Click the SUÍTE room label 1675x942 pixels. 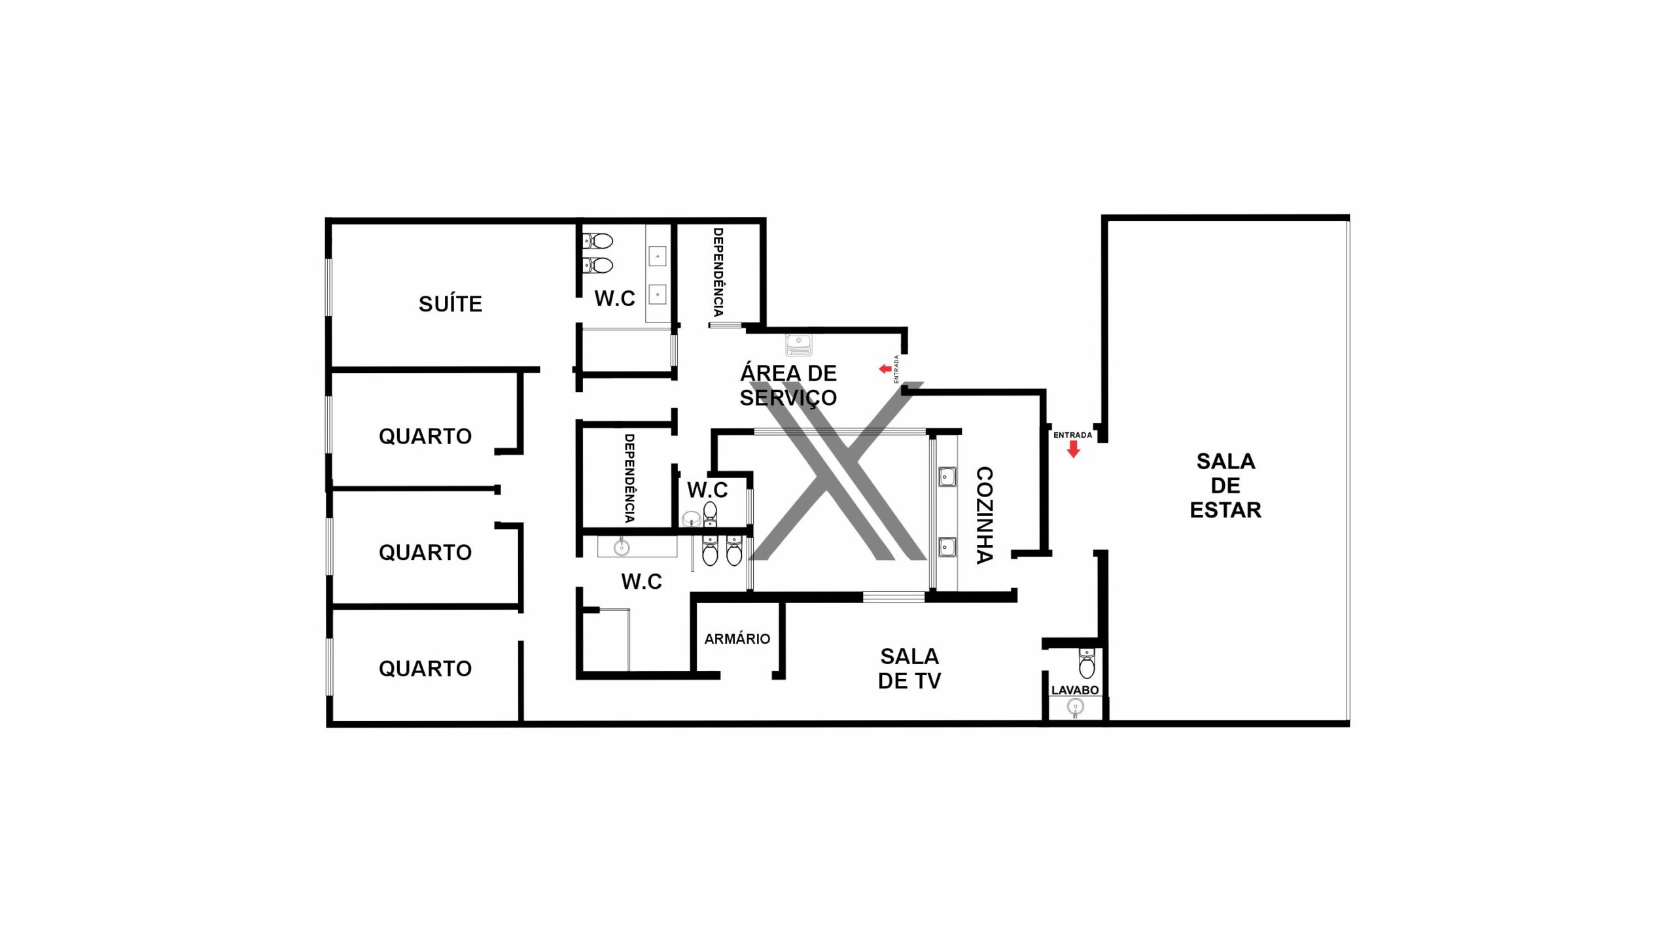pos(450,304)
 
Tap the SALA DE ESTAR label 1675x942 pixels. pos(1225,485)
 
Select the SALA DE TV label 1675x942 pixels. pos(909,668)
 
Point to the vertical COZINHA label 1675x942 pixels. pos(984,515)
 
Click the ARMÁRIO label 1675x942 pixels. pos(737,638)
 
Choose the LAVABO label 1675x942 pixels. pos(1075,690)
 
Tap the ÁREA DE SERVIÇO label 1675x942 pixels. pos(788,385)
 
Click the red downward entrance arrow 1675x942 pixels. pos(1073,449)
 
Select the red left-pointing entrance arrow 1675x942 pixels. pos(885,369)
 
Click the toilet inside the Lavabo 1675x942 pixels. pos(1087,663)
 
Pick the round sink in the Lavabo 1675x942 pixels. pos(1075,707)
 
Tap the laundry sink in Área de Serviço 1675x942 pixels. pos(799,343)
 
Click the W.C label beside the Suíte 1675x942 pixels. pos(614,298)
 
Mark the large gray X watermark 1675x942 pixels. pos(837,471)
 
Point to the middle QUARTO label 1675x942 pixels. pos(425,553)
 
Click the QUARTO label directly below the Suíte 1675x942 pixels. pos(425,436)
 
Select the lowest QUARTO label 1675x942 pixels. pos(425,669)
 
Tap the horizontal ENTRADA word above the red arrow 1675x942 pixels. pos(1072,435)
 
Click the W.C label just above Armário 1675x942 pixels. pos(641,581)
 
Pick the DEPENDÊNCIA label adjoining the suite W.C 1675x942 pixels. pos(718,272)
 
